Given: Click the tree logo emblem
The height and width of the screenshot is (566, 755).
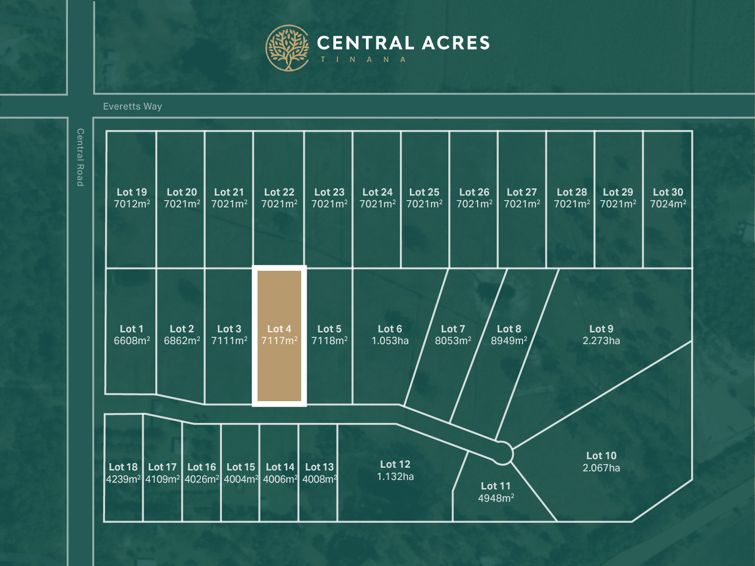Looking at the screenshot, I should click(x=287, y=48).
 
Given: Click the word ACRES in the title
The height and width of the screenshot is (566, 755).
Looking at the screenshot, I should click(x=456, y=43).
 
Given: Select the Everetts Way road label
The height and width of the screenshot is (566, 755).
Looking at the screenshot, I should click(x=132, y=106).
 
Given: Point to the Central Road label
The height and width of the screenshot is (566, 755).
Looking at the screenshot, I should click(x=80, y=157).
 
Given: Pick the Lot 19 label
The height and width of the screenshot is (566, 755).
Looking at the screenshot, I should click(x=132, y=192).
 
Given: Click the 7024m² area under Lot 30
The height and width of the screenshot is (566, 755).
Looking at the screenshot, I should click(x=668, y=204).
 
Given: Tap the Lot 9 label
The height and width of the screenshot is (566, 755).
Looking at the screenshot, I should click(x=601, y=329).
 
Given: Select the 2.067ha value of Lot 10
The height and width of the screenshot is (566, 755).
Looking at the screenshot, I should click(x=601, y=468).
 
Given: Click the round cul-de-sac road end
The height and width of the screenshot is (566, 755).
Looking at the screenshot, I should click(x=502, y=453).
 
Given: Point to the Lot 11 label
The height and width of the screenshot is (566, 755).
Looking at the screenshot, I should click(x=495, y=486).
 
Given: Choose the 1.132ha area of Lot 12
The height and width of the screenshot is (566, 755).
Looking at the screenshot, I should click(x=395, y=477).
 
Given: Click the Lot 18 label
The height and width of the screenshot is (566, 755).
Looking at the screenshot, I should click(x=123, y=467).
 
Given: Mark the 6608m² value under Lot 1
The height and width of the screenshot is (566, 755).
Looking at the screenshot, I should click(x=132, y=341).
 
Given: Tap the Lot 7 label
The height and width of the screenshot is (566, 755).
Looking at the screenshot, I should click(x=453, y=329).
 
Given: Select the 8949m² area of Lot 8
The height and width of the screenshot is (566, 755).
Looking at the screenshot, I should click(x=509, y=341).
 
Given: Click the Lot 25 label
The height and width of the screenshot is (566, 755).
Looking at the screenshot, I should click(x=424, y=192).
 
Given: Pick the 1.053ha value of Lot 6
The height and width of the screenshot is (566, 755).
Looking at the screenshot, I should click(x=390, y=341).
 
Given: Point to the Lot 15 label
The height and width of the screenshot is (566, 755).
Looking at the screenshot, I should click(x=240, y=467).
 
